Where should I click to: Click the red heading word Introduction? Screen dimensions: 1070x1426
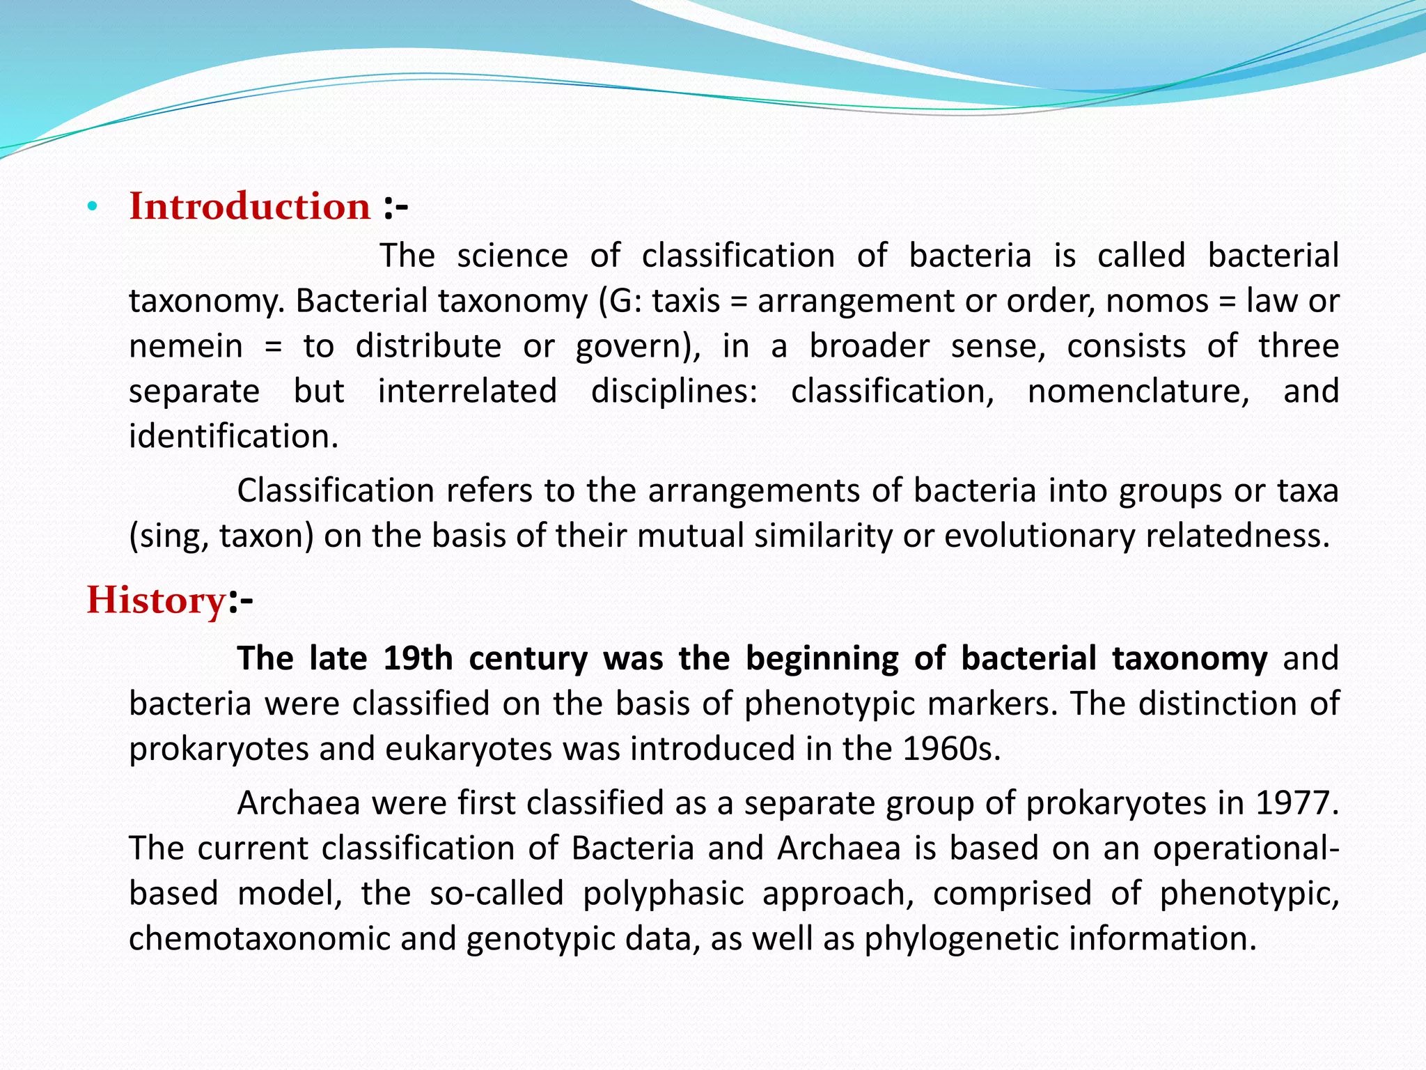tap(249, 206)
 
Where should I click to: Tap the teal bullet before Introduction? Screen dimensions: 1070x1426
tap(91, 207)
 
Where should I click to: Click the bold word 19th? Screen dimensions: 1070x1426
tap(418, 658)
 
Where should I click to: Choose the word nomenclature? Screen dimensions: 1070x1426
tap(1138, 391)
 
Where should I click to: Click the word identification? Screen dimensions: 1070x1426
tap(233, 436)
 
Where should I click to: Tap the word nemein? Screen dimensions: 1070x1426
tap(185, 346)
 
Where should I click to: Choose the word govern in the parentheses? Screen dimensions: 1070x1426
tap(629, 346)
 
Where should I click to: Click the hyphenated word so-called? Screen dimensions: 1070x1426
tap(496, 893)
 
